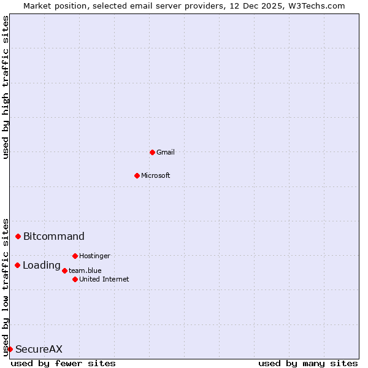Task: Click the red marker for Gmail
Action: pyautogui.click(x=152, y=152)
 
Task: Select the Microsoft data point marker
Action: pyautogui.click(x=137, y=175)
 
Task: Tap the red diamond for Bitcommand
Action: pyautogui.click(x=18, y=236)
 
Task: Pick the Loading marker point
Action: pyautogui.click(x=18, y=265)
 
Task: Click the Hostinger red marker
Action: pyautogui.click(x=75, y=256)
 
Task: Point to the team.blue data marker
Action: pyautogui.click(x=64, y=270)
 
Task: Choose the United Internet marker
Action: pyautogui.click(x=75, y=279)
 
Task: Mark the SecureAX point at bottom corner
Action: pyautogui.click(x=10, y=349)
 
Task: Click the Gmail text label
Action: pyautogui.click(x=166, y=152)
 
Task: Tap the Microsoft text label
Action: pyautogui.click(x=156, y=175)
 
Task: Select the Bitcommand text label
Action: pyautogui.click(x=54, y=236)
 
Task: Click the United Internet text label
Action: pyautogui.click(x=104, y=279)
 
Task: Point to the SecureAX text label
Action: pyautogui.click(x=39, y=349)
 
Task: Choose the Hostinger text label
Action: pyautogui.click(x=94, y=256)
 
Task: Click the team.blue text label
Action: pyautogui.click(x=85, y=270)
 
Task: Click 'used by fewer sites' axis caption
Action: pyautogui.click(x=63, y=363)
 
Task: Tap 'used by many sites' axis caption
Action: pyautogui.click(x=308, y=363)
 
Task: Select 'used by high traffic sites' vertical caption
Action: pyautogui.click(x=6, y=87)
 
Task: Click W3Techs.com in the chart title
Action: pyautogui.click(x=316, y=6)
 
